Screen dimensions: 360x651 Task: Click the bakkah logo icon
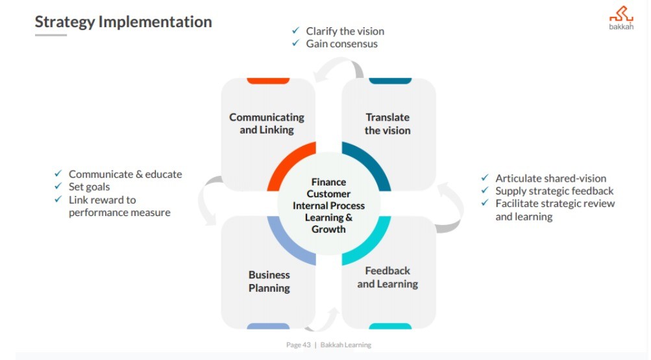coord(620,15)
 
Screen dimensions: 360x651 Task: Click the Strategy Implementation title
coord(123,21)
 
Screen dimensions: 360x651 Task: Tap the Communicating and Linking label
coord(267,123)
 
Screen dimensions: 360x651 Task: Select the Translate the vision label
coord(387,123)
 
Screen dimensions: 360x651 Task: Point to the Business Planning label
coord(269,282)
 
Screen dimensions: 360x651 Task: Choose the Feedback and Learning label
coord(387,277)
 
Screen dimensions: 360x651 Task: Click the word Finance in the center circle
coord(328,182)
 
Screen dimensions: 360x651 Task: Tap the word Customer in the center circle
coord(328,194)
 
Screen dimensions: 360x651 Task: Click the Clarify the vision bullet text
coord(345,31)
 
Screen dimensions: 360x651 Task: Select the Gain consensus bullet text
coord(341,44)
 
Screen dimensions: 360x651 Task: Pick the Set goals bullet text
coord(90,187)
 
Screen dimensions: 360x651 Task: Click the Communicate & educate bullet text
coord(125,174)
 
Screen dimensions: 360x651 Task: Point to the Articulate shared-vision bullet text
coord(550,178)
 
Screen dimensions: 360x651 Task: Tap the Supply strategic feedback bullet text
coord(554,191)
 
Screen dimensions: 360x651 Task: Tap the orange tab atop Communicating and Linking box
coord(268,80)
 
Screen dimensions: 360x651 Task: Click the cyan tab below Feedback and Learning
coord(390,326)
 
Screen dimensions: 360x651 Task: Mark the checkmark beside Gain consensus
coord(296,44)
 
